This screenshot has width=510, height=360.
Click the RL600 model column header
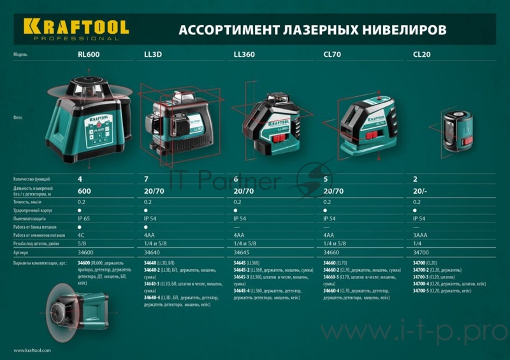[x=89, y=55]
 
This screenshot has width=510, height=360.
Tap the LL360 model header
[x=244, y=55]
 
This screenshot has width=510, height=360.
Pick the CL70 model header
[x=333, y=55]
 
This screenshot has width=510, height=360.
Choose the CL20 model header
[x=422, y=55]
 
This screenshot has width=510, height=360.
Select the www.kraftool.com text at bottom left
[x=32, y=350]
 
